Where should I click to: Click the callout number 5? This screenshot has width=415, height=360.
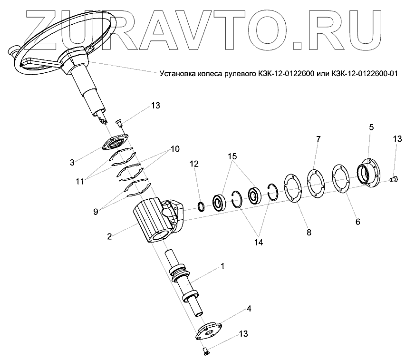(x=371, y=127)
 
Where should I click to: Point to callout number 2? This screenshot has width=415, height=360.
(x=110, y=236)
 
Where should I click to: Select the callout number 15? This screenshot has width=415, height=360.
(x=232, y=156)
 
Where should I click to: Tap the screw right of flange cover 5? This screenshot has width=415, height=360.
(x=393, y=179)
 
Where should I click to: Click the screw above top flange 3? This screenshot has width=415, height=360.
(x=119, y=124)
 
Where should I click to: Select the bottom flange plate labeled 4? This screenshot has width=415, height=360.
(x=209, y=331)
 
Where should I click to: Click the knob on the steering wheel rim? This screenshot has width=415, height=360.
(x=13, y=49)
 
